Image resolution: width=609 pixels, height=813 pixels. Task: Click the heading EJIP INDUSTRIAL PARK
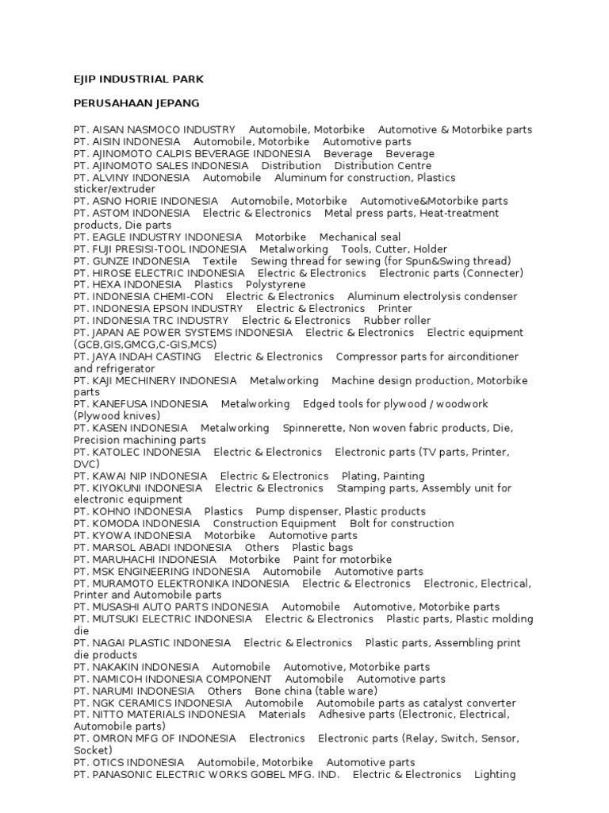(x=139, y=79)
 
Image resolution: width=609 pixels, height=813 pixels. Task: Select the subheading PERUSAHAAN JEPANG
(x=136, y=103)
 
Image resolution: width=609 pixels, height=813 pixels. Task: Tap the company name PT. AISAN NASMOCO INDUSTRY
(x=155, y=129)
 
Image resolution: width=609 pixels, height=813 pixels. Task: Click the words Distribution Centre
(x=383, y=166)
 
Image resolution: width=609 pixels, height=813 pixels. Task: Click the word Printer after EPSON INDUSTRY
(x=395, y=308)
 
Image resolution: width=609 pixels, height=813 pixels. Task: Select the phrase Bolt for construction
(x=401, y=523)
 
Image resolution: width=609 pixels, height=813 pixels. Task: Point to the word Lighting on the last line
(x=494, y=774)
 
